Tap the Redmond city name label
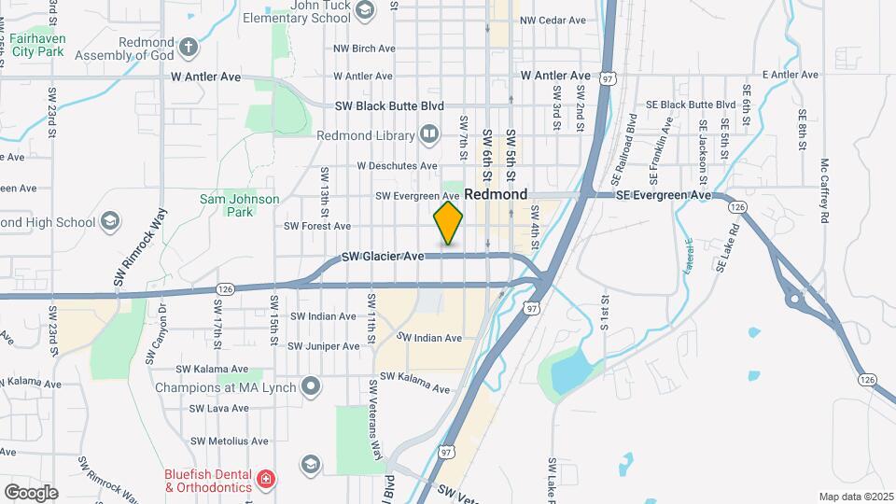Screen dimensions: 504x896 click(x=496, y=195)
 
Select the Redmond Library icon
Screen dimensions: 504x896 click(x=429, y=135)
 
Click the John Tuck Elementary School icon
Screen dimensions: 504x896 click(x=366, y=10)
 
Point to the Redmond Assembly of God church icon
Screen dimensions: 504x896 click(x=189, y=47)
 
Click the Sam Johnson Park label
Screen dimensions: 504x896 click(x=227, y=205)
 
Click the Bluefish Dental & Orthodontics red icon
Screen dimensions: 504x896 click(x=267, y=481)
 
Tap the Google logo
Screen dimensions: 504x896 click(x=30, y=492)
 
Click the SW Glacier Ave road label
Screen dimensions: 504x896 click(x=384, y=256)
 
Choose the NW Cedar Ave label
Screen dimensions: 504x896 click(x=553, y=20)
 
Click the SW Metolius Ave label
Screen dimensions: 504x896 click(x=230, y=441)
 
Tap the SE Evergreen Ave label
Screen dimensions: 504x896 click(x=662, y=195)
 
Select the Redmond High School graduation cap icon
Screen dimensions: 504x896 click(x=111, y=222)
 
